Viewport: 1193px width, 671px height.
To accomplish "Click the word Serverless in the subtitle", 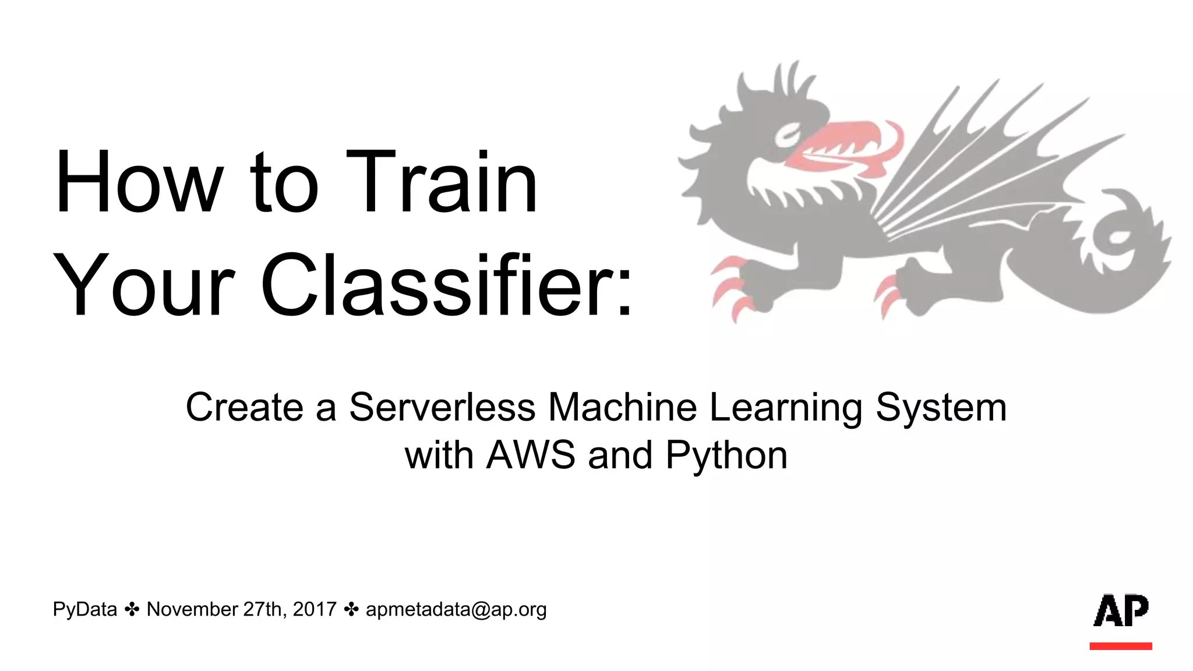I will tap(442, 407).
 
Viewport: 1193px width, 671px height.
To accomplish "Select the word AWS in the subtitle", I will tap(531, 455).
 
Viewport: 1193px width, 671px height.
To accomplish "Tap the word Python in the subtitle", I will tap(726, 456).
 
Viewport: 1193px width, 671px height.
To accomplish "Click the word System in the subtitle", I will tap(941, 407).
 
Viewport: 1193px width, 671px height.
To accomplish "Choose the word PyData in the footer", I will tap(85, 609).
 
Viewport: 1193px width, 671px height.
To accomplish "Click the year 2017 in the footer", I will tap(315, 609).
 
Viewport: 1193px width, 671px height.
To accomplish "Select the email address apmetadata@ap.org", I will tap(456, 610).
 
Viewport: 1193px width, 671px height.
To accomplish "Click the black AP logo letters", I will tap(1121, 611).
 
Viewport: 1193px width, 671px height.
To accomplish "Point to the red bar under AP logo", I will tap(1121, 646).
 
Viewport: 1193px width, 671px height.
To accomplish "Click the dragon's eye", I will tap(788, 135).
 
